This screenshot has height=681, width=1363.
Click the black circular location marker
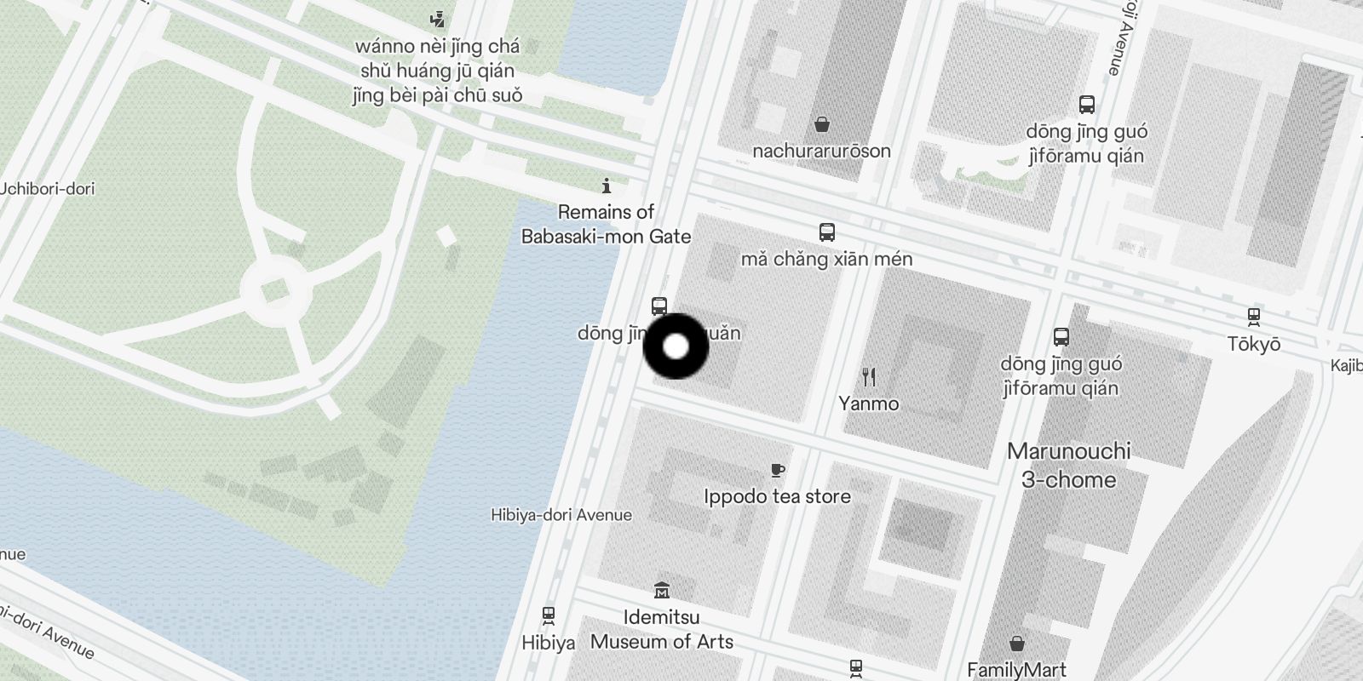tap(676, 346)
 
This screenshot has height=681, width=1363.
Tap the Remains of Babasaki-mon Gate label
tap(606, 224)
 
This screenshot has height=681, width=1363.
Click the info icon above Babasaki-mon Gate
tap(607, 186)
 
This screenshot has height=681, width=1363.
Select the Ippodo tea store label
tap(777, 496)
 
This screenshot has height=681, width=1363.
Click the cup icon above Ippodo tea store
tap(777, 470)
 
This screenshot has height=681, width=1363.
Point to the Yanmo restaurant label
tap(868, 403)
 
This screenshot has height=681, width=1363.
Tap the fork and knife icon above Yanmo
tap(869, 376)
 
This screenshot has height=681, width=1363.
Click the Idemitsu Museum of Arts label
tap(662, 629)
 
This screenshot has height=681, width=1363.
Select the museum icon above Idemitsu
tap(662, 590)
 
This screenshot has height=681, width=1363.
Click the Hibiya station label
tap(549, 643)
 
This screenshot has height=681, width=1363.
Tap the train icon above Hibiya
tap(549, 615)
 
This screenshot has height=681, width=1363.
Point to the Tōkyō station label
tap(1254, 344)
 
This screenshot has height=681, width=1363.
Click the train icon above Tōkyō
tap(1254, 317)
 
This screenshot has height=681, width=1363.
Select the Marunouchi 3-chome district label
tap(1069, 465)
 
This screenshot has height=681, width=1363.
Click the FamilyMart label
tap(1016, 670)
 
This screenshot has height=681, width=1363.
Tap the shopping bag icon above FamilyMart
tap(1016, 643)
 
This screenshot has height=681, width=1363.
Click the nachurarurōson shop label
tap(821, 151)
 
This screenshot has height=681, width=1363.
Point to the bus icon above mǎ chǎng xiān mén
tap(826, 232)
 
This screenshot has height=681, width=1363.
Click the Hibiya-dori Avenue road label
tap(561, 515)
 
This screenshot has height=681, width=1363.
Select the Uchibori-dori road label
tap(48, 188)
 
